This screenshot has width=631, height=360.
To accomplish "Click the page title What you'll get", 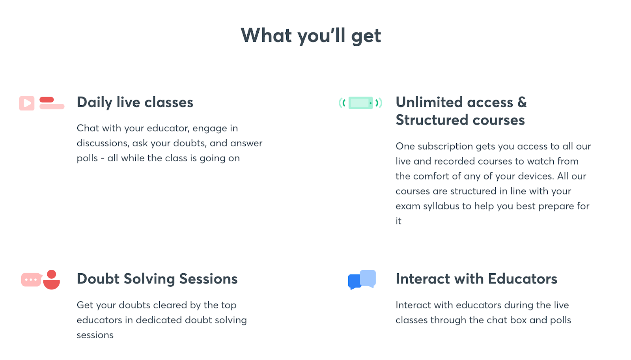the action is pos(311,36).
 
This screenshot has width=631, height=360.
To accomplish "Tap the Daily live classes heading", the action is pos(135,102).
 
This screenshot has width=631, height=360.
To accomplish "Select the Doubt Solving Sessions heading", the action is pos(157,279).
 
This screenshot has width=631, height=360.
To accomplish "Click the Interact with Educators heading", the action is pos(476,279).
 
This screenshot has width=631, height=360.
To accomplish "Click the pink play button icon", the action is pos(27,103).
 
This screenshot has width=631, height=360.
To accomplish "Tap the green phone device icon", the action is pos(360,103).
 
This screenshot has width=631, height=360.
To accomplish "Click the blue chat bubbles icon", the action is pos(362,280).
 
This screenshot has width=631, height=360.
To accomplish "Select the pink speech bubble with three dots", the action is pos(32,280).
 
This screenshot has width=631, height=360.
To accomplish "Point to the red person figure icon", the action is pos(52,280).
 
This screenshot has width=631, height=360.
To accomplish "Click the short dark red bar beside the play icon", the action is pos(47,100).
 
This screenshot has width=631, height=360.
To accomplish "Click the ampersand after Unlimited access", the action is pos(522,102).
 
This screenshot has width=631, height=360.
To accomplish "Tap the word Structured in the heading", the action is pos(432,120).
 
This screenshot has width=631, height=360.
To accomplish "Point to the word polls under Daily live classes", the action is pos(87,159).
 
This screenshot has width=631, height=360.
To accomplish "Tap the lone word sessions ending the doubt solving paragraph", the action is pos(95,335).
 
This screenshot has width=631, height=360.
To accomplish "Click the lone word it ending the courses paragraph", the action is pos(398,221).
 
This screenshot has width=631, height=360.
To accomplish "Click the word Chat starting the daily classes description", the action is pos(88,128).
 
